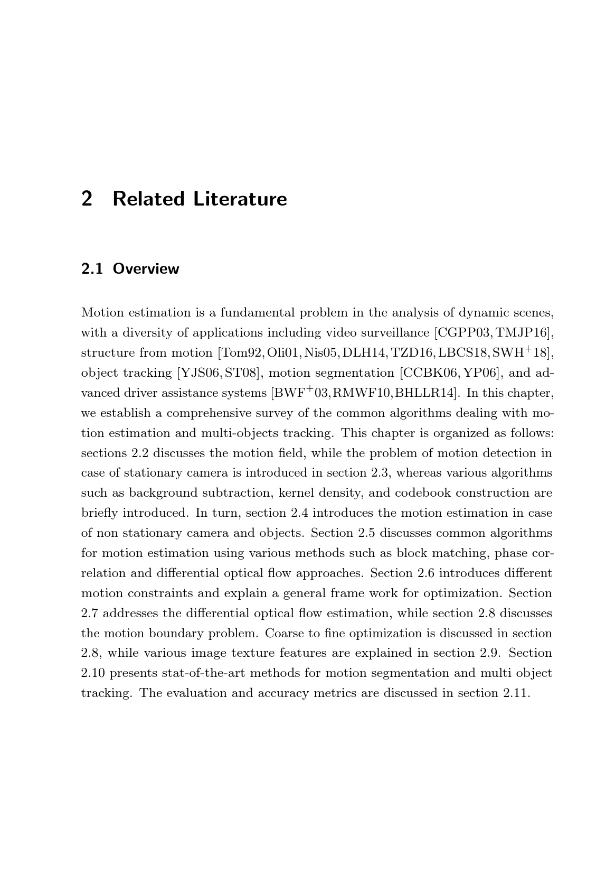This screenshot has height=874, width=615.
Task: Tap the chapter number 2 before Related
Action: coord(87,199)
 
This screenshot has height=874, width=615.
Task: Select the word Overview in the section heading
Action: coord(146,269)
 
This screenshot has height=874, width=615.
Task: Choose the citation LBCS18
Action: coord(463,353)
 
